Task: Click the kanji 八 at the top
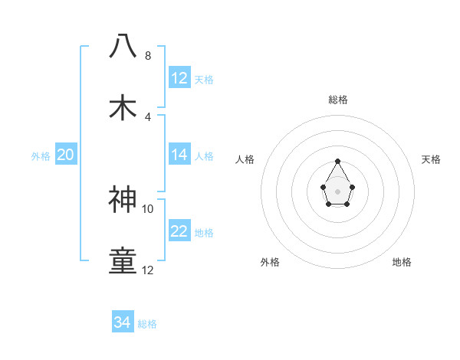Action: pyautogui.click(x=123, y=46)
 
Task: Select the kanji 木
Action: pyautogui.click(x=123, y=106)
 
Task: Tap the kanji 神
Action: pyautogui.click(x=123, y=199)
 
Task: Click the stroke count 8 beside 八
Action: pyautogui.click(x=148, y=56)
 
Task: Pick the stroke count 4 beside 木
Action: pyautogui.click(x=148, y=116)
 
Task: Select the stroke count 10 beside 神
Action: pyautogui.click(x=148, y=208)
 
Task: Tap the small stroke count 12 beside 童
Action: pyautogui.click(x=148, y=270)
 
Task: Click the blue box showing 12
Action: pyautogui.click(x=179, y=78)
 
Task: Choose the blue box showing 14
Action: pyautogui.click(x=179, y=155)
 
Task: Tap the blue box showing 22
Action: pyautogui.click(x=179, y=231)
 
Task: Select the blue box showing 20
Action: pyautogui.click(x=65, y=155)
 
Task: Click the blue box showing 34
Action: pyautogui.click(x=123, y=322)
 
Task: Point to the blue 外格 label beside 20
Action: pyautogui.click(x=41, y=156)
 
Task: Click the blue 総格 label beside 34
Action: pyautogui.click(x=147, y=324)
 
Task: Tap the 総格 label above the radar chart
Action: pyautogui.click(x=337, y=100)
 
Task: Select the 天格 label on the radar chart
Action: pyautogui.click(x=431, y=159)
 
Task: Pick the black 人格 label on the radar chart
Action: pyautogui.click(x=245, y=159)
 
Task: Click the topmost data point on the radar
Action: pyautogui.click(x=337, y=162)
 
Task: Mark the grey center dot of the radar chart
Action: pyautogui.click(x=337, y=191)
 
